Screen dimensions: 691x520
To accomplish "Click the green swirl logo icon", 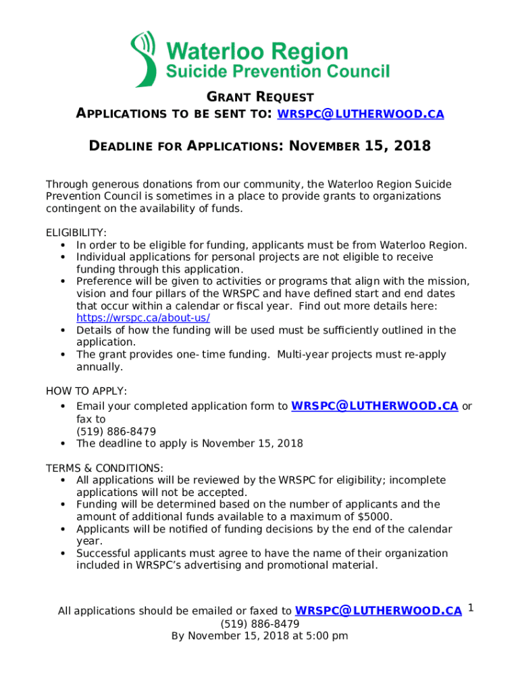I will coord(143,59).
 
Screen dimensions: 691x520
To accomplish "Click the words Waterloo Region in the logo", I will coord(257,51).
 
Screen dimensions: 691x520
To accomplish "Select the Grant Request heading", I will coord(259,97).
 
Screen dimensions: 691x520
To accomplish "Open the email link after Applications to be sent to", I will coord(361,114).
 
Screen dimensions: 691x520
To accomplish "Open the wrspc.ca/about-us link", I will coord(143,318).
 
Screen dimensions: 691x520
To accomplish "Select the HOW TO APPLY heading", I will coord(86,391).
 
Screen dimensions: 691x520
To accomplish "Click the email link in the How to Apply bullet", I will coord(374,406).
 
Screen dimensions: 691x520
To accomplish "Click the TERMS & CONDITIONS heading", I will coord(104,468).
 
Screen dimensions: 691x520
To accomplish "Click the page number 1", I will coord(471,609).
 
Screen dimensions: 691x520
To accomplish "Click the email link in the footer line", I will coord(379,611).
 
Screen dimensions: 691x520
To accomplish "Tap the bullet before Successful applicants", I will coord(63,553).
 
